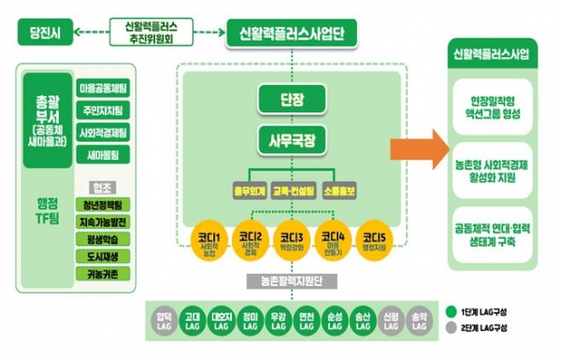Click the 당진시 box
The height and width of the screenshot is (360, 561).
coord(45,34)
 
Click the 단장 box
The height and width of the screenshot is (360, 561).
coord(291,100)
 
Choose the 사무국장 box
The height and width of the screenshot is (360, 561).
coord(291,143)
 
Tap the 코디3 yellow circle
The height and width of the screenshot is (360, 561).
coord(290,241)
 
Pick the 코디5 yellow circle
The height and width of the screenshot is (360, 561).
coord(375,239)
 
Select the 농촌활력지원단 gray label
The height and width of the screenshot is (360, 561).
coord(290,279)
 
